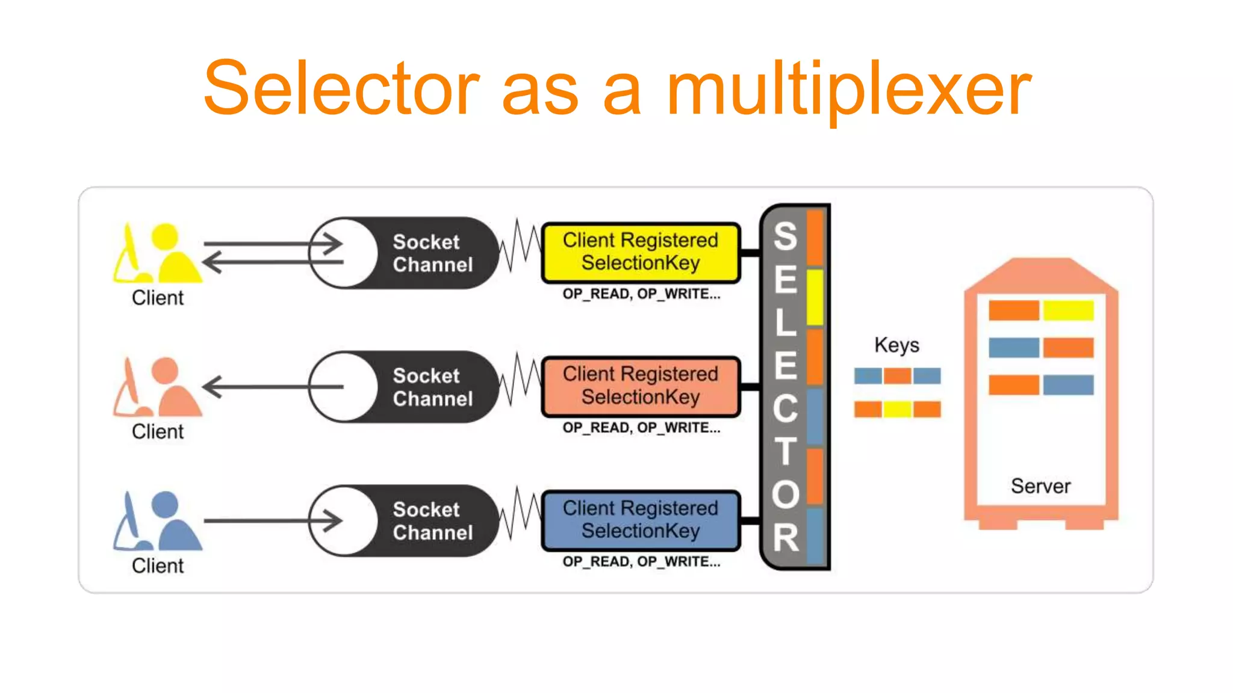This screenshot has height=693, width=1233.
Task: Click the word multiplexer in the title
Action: pyautogui.click(x=849, y=90)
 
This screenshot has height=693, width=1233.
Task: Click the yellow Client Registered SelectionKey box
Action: pyautogui.click(x=641, y=252)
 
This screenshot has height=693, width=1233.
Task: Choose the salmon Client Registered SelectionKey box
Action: pyautogui.click(x=641, y=386)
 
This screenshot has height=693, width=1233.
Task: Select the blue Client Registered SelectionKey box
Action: pyautogui.click(x=641, y=520)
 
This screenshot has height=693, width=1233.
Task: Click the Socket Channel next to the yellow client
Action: pyautogui.click(x=404, y=253)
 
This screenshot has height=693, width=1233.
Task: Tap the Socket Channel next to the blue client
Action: pyautogui.click(x=404, y=521)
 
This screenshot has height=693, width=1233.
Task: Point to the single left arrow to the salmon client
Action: pyautogui.click(x=271, y=387)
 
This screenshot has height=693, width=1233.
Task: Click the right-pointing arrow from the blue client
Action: pyautogui.click(x=271, y=521)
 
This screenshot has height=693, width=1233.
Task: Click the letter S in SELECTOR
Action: pyautogui.click(x=785, y=236)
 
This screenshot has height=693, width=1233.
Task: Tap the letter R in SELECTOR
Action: pyautogui.click(x=785, y=537)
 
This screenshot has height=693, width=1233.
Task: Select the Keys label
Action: pyautogui.click(x=896, y=345)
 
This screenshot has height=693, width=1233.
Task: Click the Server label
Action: pyautogui.click(x=1040, y=486)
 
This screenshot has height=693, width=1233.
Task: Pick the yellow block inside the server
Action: pyautogui.click(x=1068, y=310)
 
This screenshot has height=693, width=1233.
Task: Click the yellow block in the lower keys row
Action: pyautogui.click(x=897, y=410)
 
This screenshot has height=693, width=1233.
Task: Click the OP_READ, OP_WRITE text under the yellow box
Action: pyautogui.click(x=641, y=294)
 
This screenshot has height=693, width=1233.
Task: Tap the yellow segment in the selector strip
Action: pyautogui.click(x=815, y=298)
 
